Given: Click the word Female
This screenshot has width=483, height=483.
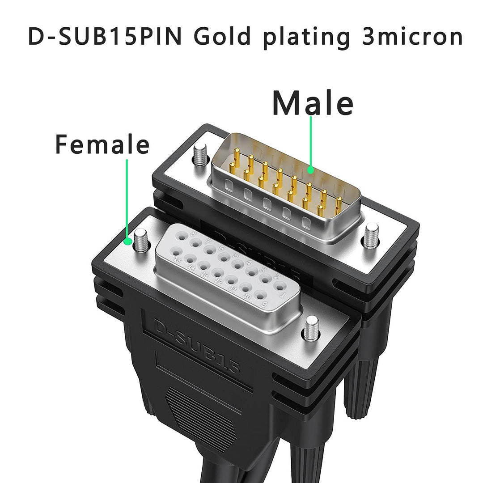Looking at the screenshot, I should pos(102,144).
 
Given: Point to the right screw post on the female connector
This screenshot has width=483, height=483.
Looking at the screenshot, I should pos(311,327).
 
